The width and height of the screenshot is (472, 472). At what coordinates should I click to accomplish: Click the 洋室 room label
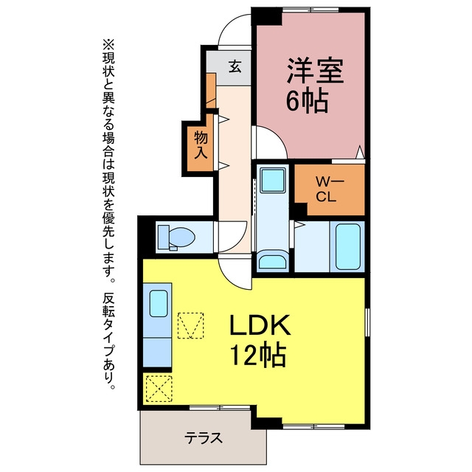click(315, 70)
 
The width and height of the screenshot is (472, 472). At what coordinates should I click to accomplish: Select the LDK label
click(260, 324)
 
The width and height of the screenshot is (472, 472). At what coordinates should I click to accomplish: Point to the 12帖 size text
click(258, 354)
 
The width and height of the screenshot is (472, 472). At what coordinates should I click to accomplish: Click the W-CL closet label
click(325, 190)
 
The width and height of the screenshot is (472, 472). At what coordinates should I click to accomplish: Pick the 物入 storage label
click(201, 145)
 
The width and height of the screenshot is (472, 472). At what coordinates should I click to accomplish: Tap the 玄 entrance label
click(235, 66)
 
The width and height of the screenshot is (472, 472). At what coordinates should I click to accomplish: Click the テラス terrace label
click(204, 437)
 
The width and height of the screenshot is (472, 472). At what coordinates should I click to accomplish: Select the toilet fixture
click(176, 237)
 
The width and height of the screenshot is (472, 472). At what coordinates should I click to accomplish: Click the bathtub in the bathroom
click(347, 246)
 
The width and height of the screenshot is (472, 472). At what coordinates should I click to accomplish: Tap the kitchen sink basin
click(159, 303)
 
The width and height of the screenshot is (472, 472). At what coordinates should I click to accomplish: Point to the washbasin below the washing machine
click(272, 261)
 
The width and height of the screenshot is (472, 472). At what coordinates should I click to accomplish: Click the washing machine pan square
click(273, 181)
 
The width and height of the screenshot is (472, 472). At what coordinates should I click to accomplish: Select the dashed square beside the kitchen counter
click(190, 326)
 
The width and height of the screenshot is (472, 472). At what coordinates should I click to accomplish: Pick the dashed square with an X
click(159, 389)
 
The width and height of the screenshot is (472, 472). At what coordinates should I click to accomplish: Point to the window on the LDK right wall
click(367, 322)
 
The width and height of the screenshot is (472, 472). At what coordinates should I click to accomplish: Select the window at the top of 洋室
click(310, 10)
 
